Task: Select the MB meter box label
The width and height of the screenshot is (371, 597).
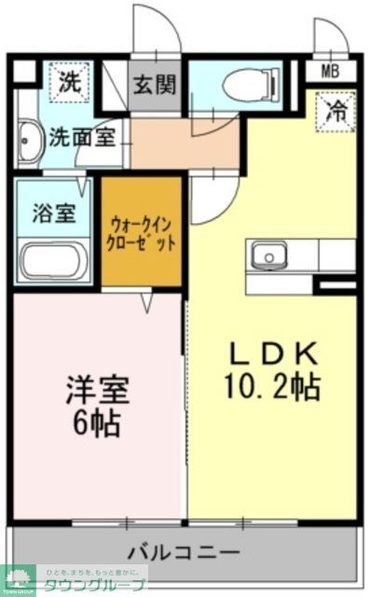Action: (330, 71)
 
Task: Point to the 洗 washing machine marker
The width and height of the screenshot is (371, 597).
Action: (70, 81)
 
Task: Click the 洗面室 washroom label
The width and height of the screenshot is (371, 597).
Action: (82, 136)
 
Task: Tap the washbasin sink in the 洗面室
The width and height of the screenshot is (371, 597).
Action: (27, 136)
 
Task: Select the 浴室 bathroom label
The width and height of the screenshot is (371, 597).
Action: (53, 212)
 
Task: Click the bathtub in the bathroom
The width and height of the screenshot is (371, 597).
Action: (54, 259)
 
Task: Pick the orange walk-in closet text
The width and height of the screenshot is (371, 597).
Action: (142, 232)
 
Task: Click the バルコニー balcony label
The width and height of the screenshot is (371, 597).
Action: (184, 550)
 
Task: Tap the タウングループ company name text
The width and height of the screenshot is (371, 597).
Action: (102, 585)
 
